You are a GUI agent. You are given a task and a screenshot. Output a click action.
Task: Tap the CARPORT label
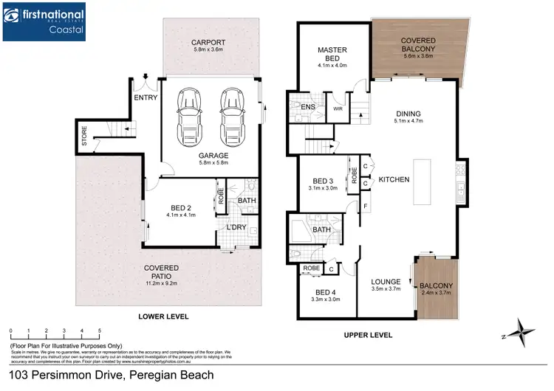208,41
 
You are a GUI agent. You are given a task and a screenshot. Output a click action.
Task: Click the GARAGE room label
213,156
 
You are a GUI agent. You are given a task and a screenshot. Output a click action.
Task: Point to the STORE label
84,138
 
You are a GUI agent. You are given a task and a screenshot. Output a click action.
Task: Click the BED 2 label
180,208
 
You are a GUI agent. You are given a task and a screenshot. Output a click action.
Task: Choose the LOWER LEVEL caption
163,316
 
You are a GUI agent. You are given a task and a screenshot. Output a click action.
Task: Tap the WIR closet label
338,108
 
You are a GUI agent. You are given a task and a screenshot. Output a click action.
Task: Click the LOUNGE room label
386,281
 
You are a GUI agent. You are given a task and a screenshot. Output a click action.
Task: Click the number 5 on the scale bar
99,331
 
